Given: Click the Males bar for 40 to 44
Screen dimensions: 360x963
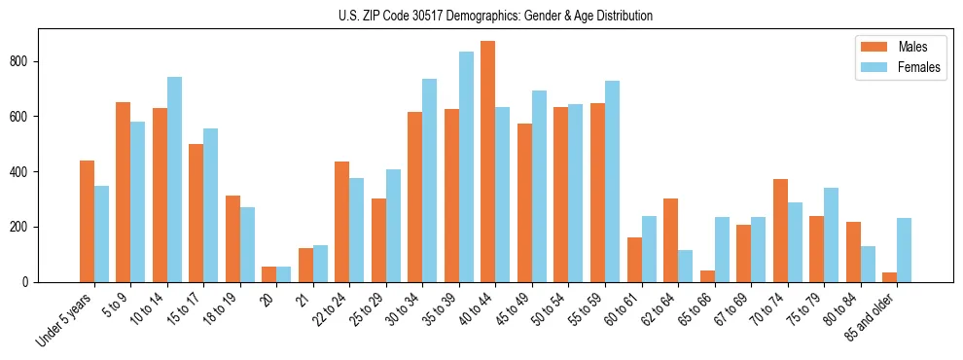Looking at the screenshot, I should click(488, 162).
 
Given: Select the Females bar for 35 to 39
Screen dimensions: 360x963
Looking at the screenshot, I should click(466, 166).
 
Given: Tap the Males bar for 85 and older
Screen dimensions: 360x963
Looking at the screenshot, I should click(890, 277).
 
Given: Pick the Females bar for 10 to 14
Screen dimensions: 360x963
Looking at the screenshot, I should click(174, 179).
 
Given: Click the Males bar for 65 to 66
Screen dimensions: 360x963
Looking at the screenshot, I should click(707, 276).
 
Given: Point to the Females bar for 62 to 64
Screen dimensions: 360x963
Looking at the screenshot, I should click(686, 266).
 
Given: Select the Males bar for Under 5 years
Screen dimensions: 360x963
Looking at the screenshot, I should click(87, 221).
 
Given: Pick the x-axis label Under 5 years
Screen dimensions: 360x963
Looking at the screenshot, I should click(65, 320).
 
